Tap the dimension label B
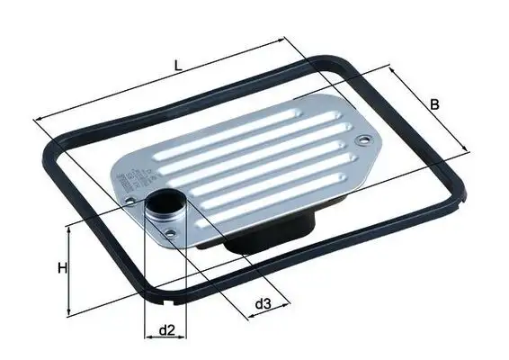click(434, 105)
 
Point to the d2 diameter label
click(165, 330)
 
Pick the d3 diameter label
click(262, 304)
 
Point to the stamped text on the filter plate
click(126, 175)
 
